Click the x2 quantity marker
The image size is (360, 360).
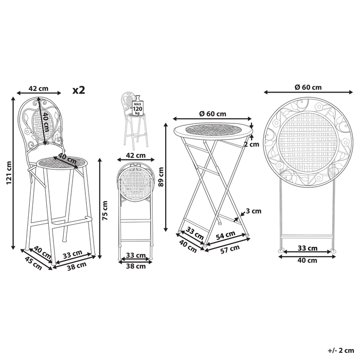click(79, 90)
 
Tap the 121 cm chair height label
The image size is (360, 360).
click(9, 173)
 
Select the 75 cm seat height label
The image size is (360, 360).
click(105, 210)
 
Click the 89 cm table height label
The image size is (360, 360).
click(161, 176)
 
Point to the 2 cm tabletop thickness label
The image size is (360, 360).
click(251, 144)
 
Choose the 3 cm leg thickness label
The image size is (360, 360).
click(254, 211)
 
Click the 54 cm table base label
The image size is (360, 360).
click(226, 235)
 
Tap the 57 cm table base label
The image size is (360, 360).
click(230, 249)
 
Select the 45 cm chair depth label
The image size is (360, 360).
click(33, 263)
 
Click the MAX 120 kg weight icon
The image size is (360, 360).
click(137, 107)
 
